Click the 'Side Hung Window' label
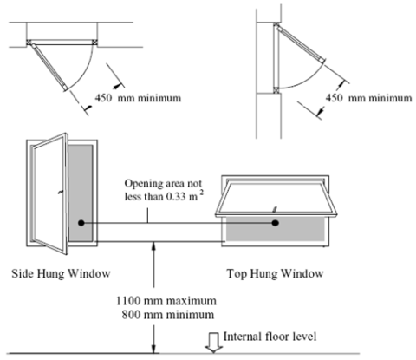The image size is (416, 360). click(x=61, y=273)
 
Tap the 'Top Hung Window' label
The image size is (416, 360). click(x=275, y=273)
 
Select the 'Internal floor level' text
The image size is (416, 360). click(x=270, y=337)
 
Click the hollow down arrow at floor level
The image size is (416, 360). click(x=213, y=343)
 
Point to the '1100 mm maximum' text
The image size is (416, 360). click(x=166, y=301)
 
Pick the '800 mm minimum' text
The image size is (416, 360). click(x=168, y=315)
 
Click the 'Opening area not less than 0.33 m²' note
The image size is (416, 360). click(x=164, y=190)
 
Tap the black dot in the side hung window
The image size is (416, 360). click(x=81, y=223)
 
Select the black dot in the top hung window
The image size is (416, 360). click(x=275, y=223)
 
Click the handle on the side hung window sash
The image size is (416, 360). click(x=61, y=192)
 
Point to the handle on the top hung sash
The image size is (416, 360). click(x=275, y=209)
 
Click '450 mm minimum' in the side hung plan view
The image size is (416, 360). click(x=138, y=98)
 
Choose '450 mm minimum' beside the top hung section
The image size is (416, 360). click(x=368, y=98)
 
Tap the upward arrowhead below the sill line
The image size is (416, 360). click(x=154, y=246)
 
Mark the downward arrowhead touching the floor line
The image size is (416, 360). click(x=154, y=349)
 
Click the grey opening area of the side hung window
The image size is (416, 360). click(x=81, y=193)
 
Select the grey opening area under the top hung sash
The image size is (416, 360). click(x=275, y=229)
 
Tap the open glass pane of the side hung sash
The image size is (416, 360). click(x=49, y=193)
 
